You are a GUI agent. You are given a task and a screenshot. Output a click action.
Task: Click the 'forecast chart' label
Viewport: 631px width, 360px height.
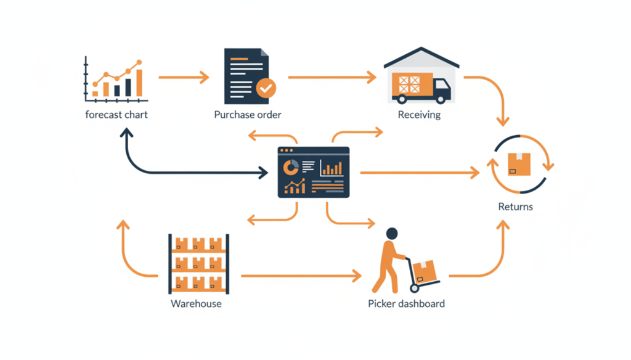point(116,115)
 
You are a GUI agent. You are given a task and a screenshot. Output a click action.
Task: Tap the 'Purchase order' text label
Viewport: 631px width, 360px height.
point(248,115)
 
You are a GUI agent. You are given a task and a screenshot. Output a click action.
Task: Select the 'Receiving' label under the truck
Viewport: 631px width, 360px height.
point(419,115)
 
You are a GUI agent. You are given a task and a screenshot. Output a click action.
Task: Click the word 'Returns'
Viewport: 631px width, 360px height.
point(515,207)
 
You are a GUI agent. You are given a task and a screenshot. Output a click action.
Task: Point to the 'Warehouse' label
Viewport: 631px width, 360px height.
point(196,303)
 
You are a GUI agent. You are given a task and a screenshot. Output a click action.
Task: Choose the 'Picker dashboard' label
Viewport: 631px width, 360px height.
point(406,303)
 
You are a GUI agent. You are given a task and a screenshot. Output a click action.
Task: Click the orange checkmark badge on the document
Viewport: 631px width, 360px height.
point(266,88)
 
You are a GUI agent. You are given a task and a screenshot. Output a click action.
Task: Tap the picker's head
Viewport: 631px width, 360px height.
point(391,234)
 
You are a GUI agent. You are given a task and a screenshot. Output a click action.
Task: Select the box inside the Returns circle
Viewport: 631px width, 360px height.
point(519,163)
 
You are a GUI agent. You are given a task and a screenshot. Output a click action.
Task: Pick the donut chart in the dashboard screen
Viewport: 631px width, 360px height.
point(291,166)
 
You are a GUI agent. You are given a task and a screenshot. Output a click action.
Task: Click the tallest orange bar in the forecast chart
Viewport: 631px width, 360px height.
point(139,83)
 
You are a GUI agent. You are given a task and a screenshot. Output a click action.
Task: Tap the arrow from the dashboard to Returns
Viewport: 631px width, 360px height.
point(419,173)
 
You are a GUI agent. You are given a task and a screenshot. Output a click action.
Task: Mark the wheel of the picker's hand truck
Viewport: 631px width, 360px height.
point(414,288)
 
